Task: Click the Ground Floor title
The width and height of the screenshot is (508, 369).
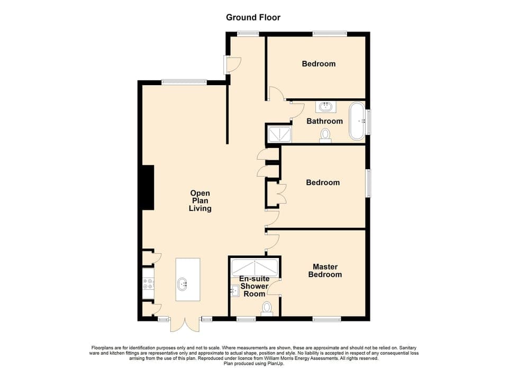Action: pos(253,17)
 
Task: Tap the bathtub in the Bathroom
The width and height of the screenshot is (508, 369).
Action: pos(357,121)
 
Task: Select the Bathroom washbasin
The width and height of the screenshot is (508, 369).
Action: pos(325,107)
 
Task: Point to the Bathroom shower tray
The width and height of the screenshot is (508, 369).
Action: pos(279,134)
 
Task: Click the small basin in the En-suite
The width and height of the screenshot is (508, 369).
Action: pos(235,290)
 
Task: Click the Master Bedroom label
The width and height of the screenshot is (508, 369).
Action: pos(325,271)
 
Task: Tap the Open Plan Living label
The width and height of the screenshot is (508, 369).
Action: pos(201,201)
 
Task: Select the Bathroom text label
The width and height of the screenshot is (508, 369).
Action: pos(324,121)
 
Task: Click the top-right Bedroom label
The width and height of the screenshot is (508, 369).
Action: pos(319,64)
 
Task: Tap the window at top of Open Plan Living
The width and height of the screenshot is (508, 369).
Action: pos(184,82)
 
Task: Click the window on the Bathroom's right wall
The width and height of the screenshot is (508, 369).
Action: pos(368,122)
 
